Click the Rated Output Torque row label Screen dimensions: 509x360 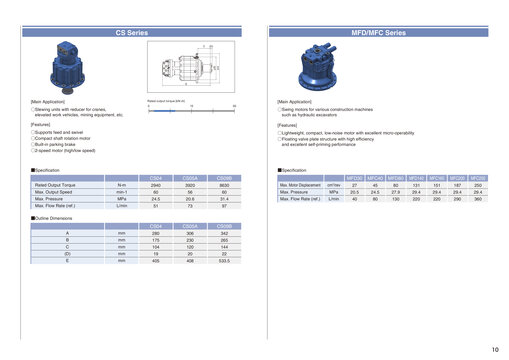click(x=56, y=186)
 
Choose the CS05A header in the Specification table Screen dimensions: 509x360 click(x=190, y=178)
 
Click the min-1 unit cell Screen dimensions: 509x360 click(x=121, y=193)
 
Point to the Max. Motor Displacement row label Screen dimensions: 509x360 click(x=301, y=186)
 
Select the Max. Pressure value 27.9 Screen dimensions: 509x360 click(x=396, y=193)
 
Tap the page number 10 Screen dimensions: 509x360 click(x=495, y=349)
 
